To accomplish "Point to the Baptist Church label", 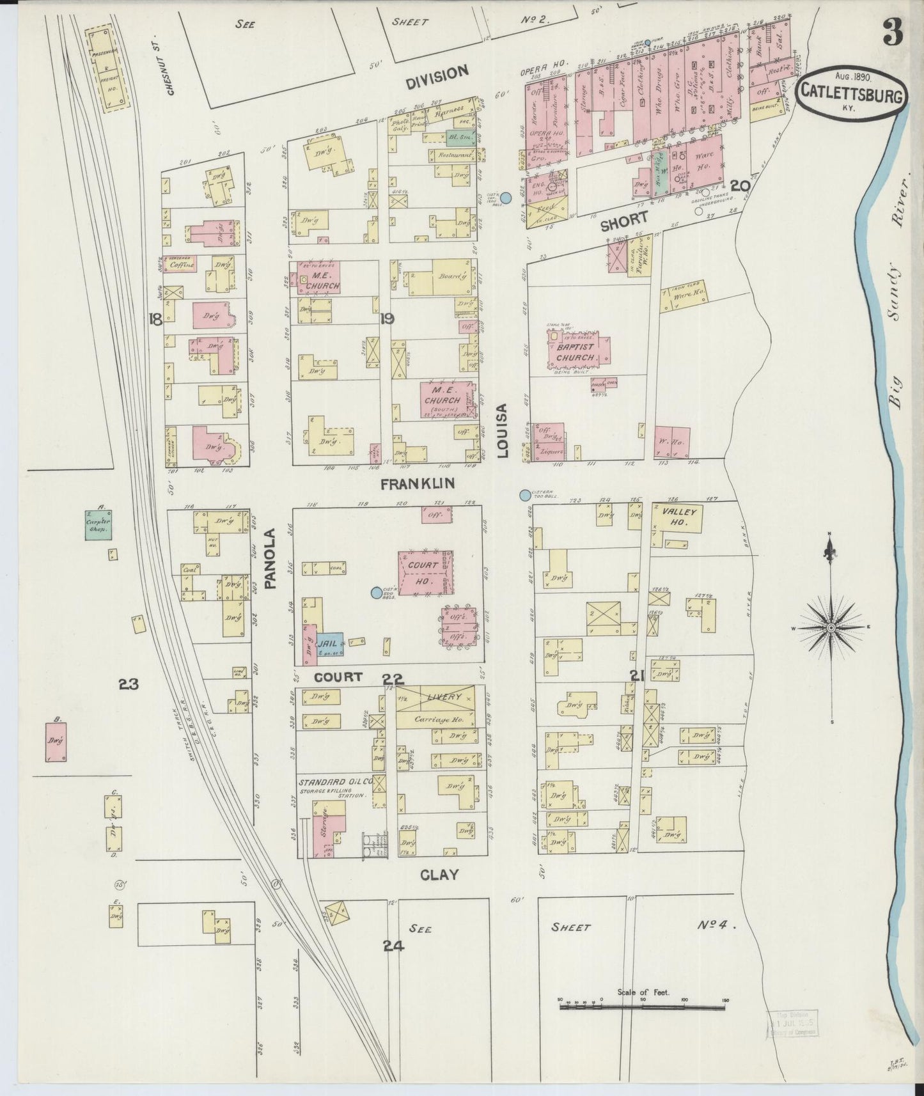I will [575, 352].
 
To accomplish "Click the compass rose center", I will [830, 628].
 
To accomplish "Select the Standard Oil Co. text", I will [331, 781].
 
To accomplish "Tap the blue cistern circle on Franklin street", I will [526, 495].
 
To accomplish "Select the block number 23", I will [129, 684].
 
